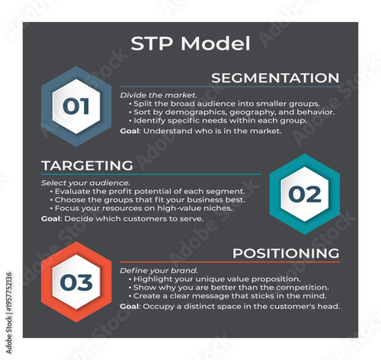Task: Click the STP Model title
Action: (x=190, y=43)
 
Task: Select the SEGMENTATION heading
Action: (x=274, y=78)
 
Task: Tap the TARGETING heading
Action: (x=87, y=165)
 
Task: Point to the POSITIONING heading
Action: (x=286, y=253)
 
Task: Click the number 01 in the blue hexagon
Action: (x=75, y=106)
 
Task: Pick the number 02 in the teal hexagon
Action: (x=304, y=194)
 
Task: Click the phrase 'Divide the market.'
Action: (x=148, y=94)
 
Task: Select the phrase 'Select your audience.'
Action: (x=75, y=183)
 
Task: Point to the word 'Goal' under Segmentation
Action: (x=130, y=130)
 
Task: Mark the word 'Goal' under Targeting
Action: (x=51, y=218)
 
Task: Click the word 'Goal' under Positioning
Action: (x=130, y=306)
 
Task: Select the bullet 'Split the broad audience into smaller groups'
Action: (x=226, y=103)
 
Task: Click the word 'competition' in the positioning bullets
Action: (x=296, y=288)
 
